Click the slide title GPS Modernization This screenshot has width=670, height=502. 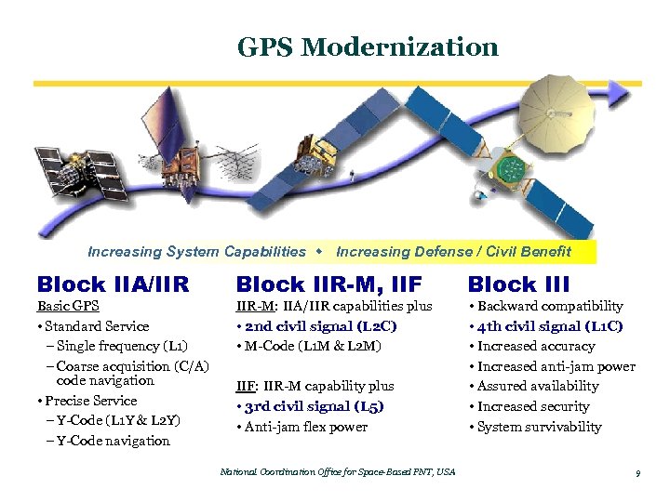click(x=368, y=46)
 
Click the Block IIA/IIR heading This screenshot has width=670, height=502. click(x=113, y=284)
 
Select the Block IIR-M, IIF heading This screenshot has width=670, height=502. click(x=328, y=284)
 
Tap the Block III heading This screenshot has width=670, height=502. click(x=517, y=284)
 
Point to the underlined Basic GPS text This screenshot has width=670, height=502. click(x=68, y=306)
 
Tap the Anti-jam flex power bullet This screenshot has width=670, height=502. click(x=305, y=427)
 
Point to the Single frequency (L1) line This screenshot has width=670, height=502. click(x=115, y=347)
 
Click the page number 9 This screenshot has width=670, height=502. click(x=637, y=474)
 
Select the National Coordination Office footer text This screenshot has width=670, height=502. click(x=337, y=472)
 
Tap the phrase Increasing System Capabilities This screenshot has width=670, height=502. click(x=196, y=252)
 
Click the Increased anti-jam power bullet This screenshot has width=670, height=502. click(x=555, y=366)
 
